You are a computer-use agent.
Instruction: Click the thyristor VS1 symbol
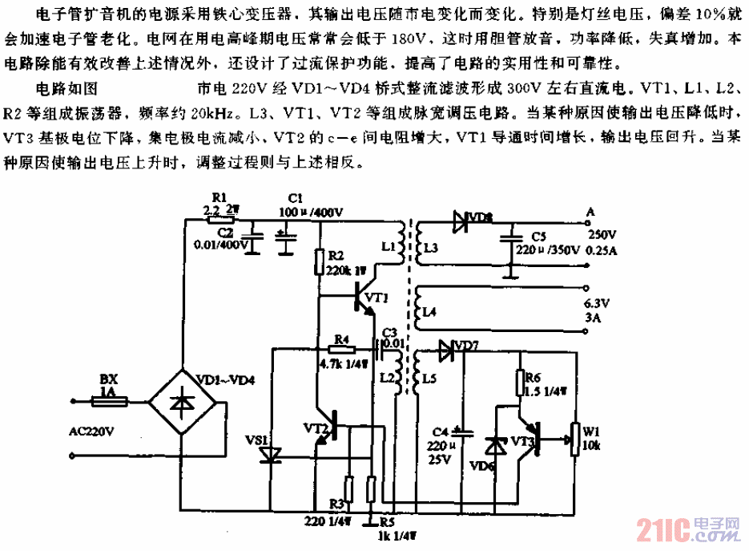pyautogui.click(x=272, y=456)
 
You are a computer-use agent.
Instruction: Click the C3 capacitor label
pyautogui.click(x=390, y=330)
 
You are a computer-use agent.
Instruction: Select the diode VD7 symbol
pyautogui.click(x=445, y=349)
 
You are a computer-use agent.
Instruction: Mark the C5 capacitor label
pyautogui.click(x=538, y=236)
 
